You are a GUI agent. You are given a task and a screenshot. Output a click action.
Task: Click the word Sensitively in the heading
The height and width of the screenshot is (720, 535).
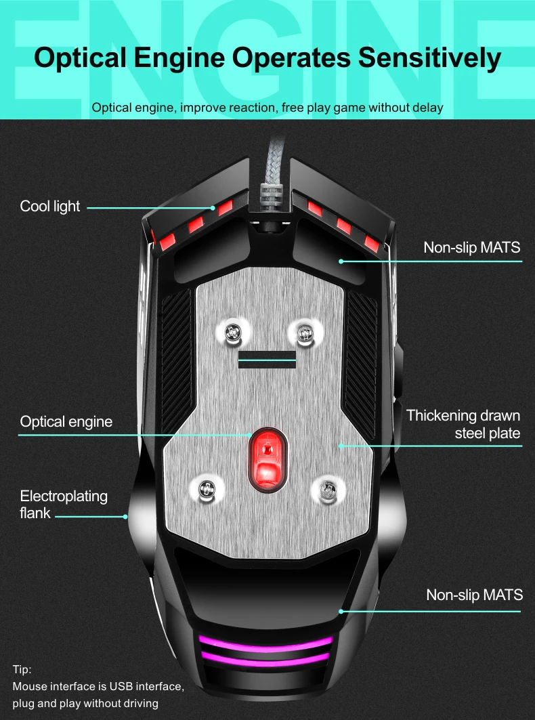[x=429, y=58]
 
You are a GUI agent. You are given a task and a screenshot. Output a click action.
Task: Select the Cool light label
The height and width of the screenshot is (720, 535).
[x=50, y=207]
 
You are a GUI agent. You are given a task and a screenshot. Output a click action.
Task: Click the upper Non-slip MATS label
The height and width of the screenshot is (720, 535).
[x=472, y=247]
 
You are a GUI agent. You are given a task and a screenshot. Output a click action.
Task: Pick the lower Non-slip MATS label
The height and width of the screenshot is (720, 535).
[x=474, y=595]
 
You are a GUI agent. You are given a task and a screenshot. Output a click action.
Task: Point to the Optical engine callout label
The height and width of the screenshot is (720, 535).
[x=66, y=422]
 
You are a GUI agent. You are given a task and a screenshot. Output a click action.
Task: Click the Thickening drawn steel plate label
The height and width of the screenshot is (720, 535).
[x=463, y=424]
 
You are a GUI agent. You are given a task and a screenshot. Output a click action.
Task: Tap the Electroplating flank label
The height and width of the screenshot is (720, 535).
[x=64, y=505]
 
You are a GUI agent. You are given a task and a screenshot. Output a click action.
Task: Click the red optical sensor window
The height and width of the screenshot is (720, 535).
[x=266, y=458]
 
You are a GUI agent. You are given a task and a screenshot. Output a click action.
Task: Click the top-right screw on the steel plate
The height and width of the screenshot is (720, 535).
[x=303, y=331]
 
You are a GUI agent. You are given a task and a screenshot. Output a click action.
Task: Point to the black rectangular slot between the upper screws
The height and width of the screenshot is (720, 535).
[x=268, y=359]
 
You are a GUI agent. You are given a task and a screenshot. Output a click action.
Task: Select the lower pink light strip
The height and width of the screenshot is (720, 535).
[x=265, y=659]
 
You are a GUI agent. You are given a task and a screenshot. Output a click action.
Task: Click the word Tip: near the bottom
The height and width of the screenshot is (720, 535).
[x=22, y=670]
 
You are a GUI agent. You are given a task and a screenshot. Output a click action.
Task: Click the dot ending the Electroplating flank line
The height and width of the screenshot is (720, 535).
[x=126, y=517]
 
